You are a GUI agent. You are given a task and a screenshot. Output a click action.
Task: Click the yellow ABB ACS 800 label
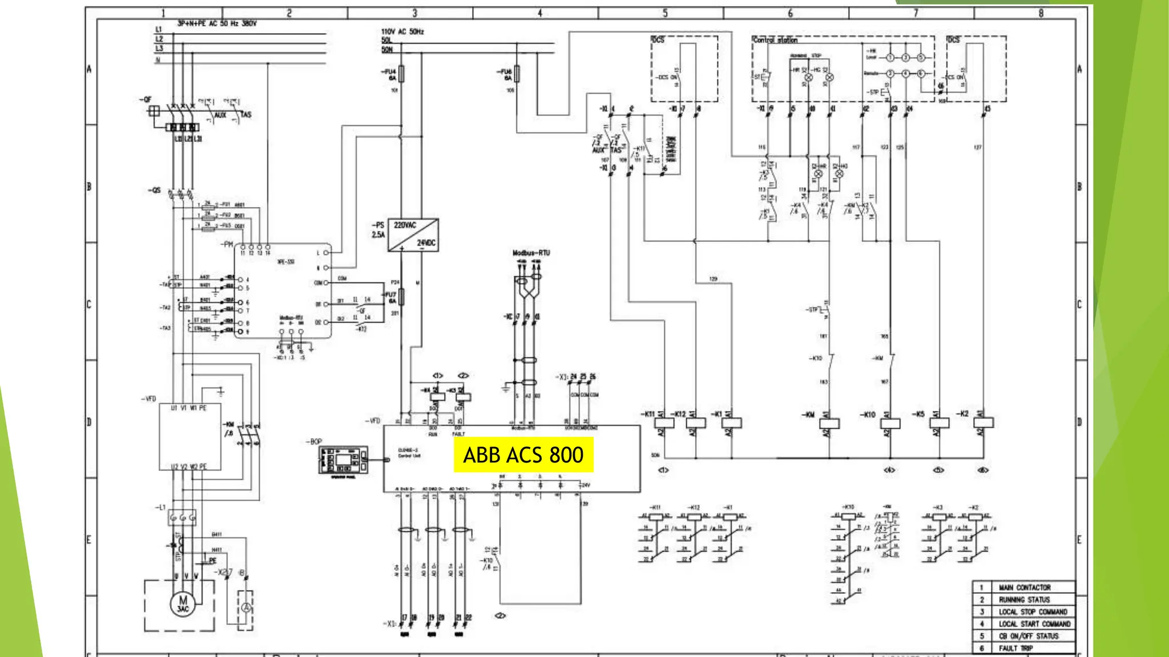[523, 455]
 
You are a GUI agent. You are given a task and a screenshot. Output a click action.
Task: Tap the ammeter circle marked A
[245, 609]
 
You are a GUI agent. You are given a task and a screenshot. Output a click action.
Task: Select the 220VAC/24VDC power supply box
[413, 234]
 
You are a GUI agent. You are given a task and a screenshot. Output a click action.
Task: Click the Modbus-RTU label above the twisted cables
[531, 253]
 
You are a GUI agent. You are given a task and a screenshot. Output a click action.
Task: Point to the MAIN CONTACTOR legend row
[1024, 587]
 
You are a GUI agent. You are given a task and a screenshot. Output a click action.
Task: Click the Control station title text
[775, 40]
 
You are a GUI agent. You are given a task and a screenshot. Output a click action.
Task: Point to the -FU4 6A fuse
[401, 74]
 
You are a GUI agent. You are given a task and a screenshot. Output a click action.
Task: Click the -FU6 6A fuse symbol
[517, 74]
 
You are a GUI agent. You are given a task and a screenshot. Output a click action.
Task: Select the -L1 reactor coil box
[182, 518]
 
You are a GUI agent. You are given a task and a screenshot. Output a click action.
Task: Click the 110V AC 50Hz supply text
[402, 32]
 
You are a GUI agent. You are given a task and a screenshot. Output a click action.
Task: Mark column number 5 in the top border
[665, 13]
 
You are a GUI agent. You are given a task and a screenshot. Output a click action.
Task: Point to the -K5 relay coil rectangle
[938, 423]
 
